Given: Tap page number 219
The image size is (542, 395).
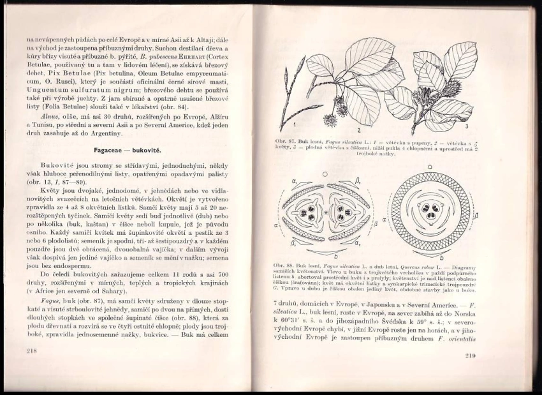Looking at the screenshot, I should [471, 355].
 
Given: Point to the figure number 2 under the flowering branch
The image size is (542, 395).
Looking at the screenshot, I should [359, 130].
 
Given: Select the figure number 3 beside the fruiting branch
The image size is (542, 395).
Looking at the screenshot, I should [466, 126].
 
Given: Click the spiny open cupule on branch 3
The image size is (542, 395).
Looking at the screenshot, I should [425, 96].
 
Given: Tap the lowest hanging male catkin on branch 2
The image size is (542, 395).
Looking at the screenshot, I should [330, 119].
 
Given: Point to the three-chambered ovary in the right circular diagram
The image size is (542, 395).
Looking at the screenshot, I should [432, 211].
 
